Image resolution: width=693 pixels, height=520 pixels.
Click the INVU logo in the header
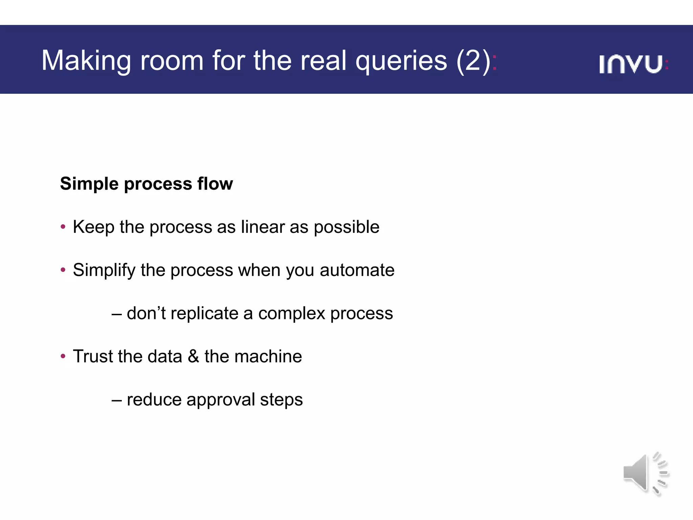[633, 64]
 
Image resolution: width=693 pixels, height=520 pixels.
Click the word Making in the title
[86, 61]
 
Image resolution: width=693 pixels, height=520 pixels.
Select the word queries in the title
[401, 61]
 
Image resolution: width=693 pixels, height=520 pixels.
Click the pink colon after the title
[494, 63]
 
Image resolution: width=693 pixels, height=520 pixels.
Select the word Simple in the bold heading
[89, 184]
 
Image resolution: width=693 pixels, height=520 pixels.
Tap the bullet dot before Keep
[63, 227]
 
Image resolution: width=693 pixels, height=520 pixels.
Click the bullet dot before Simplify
[63, 270]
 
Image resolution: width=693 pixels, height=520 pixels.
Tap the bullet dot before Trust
[63, 356]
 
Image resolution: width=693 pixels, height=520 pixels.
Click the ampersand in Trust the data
[193, 356]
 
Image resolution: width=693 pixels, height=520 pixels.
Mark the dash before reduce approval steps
[116, 400]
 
